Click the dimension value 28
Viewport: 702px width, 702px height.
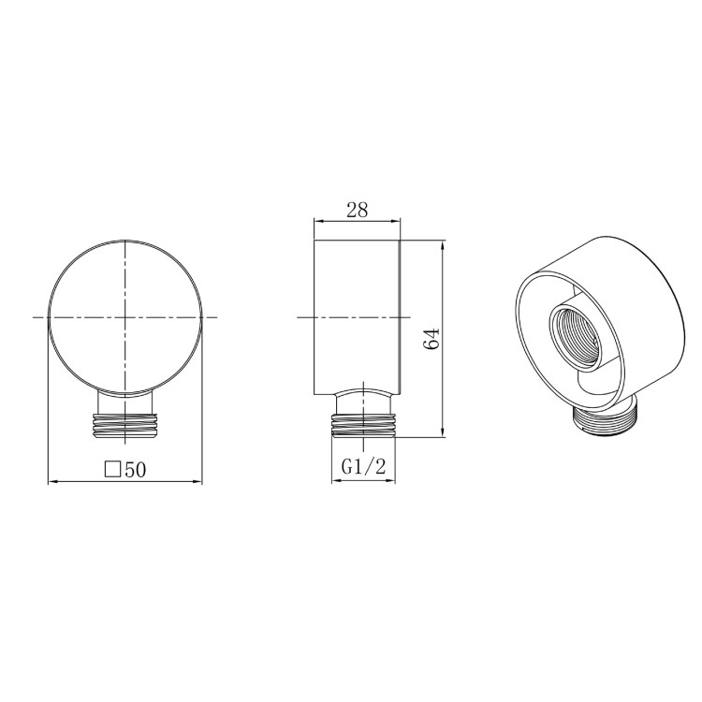pos(357,210)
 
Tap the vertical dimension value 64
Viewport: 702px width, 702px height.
pos(431,338)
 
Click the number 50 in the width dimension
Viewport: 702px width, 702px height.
pos(136,470)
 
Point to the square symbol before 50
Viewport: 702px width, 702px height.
pos(113,470)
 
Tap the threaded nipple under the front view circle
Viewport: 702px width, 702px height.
pos(124,424)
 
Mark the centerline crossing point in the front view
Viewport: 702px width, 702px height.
pos(124,317)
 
